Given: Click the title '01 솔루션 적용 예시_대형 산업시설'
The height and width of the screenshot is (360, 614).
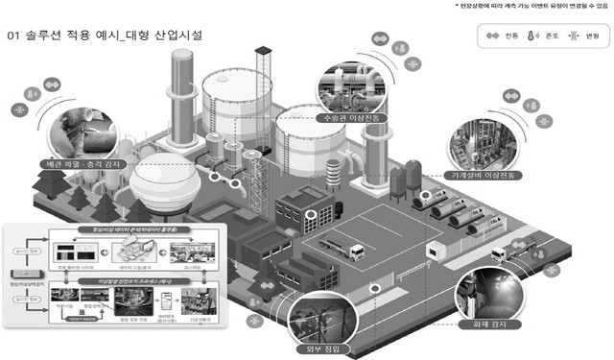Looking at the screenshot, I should (105, 36).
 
